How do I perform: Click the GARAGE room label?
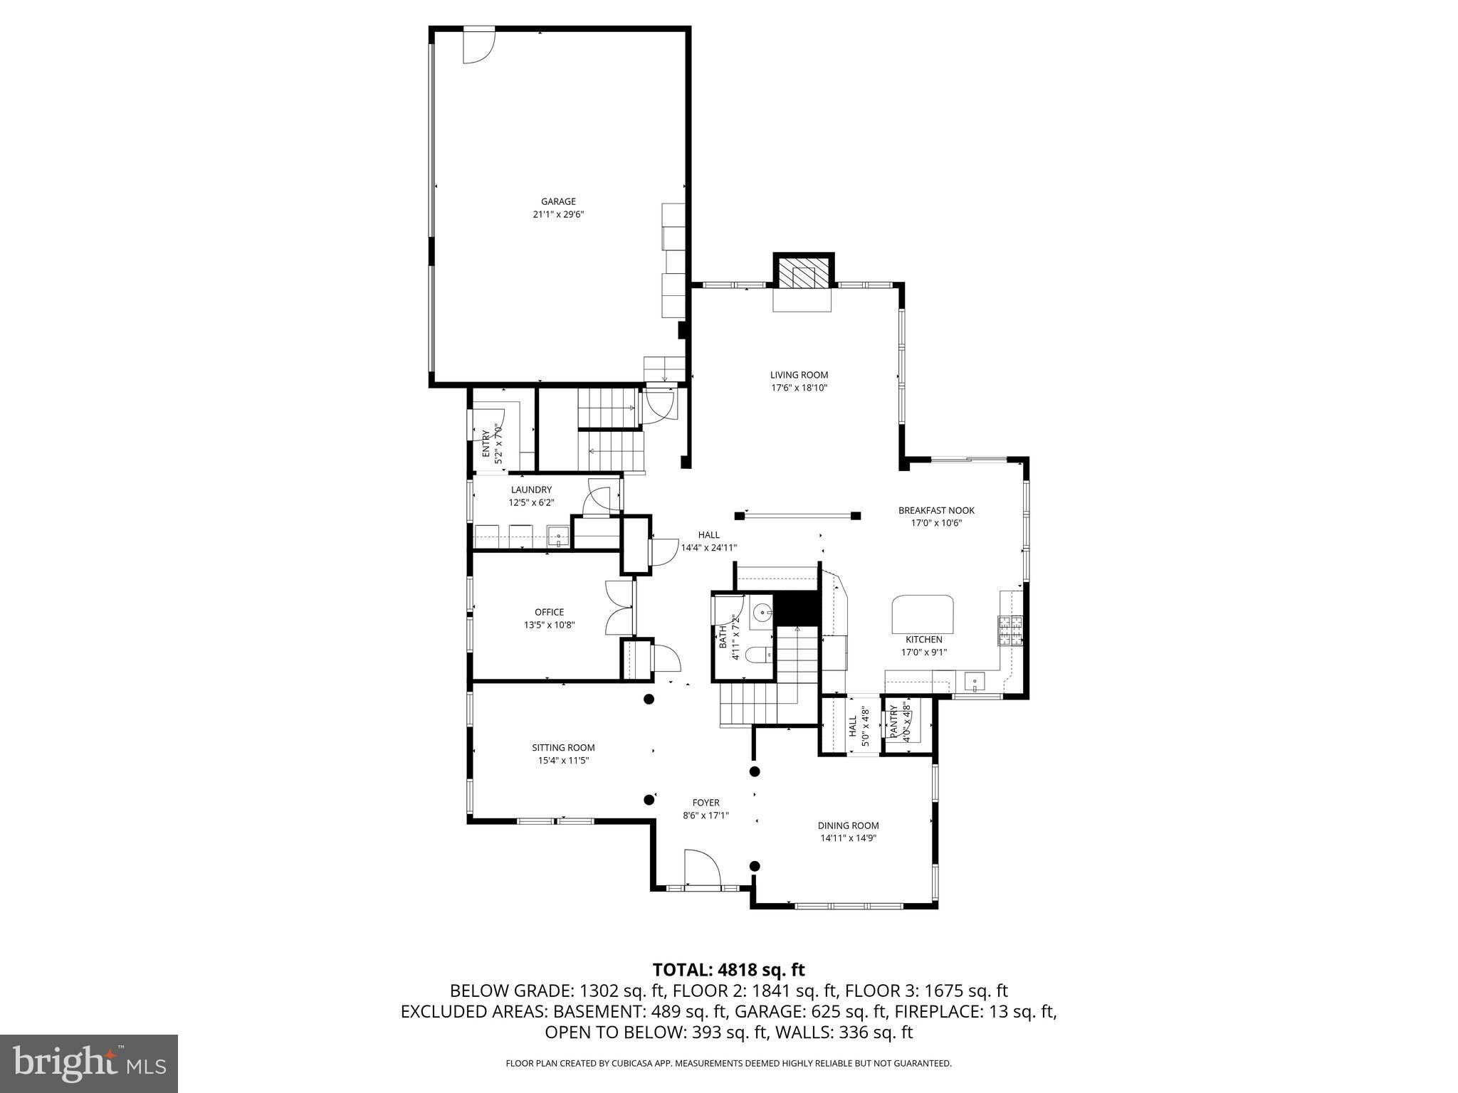coord(558,201)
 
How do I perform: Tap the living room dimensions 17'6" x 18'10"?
coord(799,388)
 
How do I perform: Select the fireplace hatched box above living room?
coord(803,273)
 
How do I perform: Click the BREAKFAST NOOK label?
coord(936,510)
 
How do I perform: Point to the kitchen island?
coord(923,613)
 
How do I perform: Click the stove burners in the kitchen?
coord(1010,630)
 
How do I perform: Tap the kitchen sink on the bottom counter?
coord(974,682)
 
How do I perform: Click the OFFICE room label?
coord(549,612)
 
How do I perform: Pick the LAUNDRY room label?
coord(531,490)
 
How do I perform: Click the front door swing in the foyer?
coord(701,867)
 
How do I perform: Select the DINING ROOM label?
coord(848,825)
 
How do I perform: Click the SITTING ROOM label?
coord(563,747)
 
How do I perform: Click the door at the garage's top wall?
coord(478,44)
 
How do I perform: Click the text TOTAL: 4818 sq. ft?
coord(728,969)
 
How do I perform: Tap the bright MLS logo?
coord(89,1063)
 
